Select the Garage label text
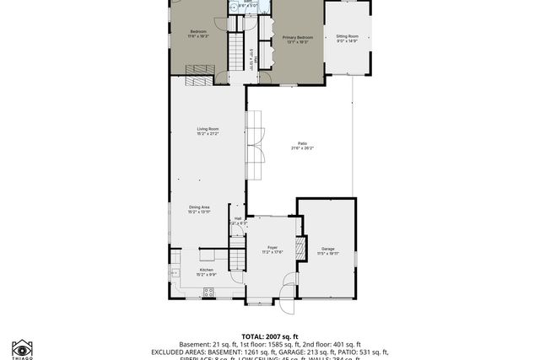pos(327,249)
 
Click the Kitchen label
pos(207,270)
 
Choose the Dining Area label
pos(198,207)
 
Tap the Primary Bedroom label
pos(297,37)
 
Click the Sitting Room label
pos(348,36)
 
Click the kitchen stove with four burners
pos(209,292)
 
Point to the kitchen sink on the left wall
pos(175,272)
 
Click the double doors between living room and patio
pos(255,143)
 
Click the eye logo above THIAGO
pos(22,347)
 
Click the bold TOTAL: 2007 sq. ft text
pos(270,336)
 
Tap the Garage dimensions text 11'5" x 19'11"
pos(327,254)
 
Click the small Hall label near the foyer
pos(238,218)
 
